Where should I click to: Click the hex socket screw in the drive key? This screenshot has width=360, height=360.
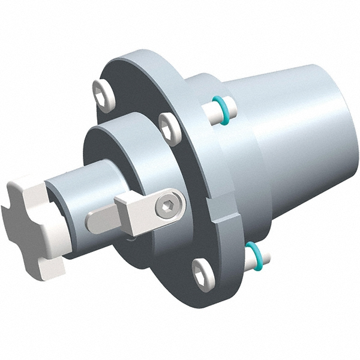click(165, 208)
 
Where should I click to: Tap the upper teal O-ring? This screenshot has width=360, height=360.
click(223, 109)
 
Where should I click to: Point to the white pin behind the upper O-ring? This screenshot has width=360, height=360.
click(212, 111)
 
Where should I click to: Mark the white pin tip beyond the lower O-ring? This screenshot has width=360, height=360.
click(265, 256)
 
